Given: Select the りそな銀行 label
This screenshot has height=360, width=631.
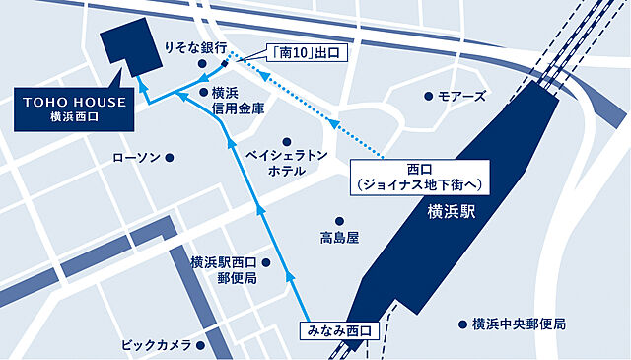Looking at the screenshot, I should (195, 47).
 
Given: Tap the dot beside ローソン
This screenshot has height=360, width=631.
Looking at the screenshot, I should (170, 157).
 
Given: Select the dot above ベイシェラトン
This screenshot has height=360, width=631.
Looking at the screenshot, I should (286, 141).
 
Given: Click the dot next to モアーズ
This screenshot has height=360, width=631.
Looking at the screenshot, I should (428, 96).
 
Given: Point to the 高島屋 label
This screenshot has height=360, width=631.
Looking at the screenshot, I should (339, 238).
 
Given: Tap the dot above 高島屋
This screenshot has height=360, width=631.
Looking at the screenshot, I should (339, 221).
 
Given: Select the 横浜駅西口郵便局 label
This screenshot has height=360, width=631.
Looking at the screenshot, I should (224, 270).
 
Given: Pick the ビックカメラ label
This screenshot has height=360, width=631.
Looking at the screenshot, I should (157, 345).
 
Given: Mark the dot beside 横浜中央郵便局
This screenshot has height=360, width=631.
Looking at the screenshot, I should (461, 324).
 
